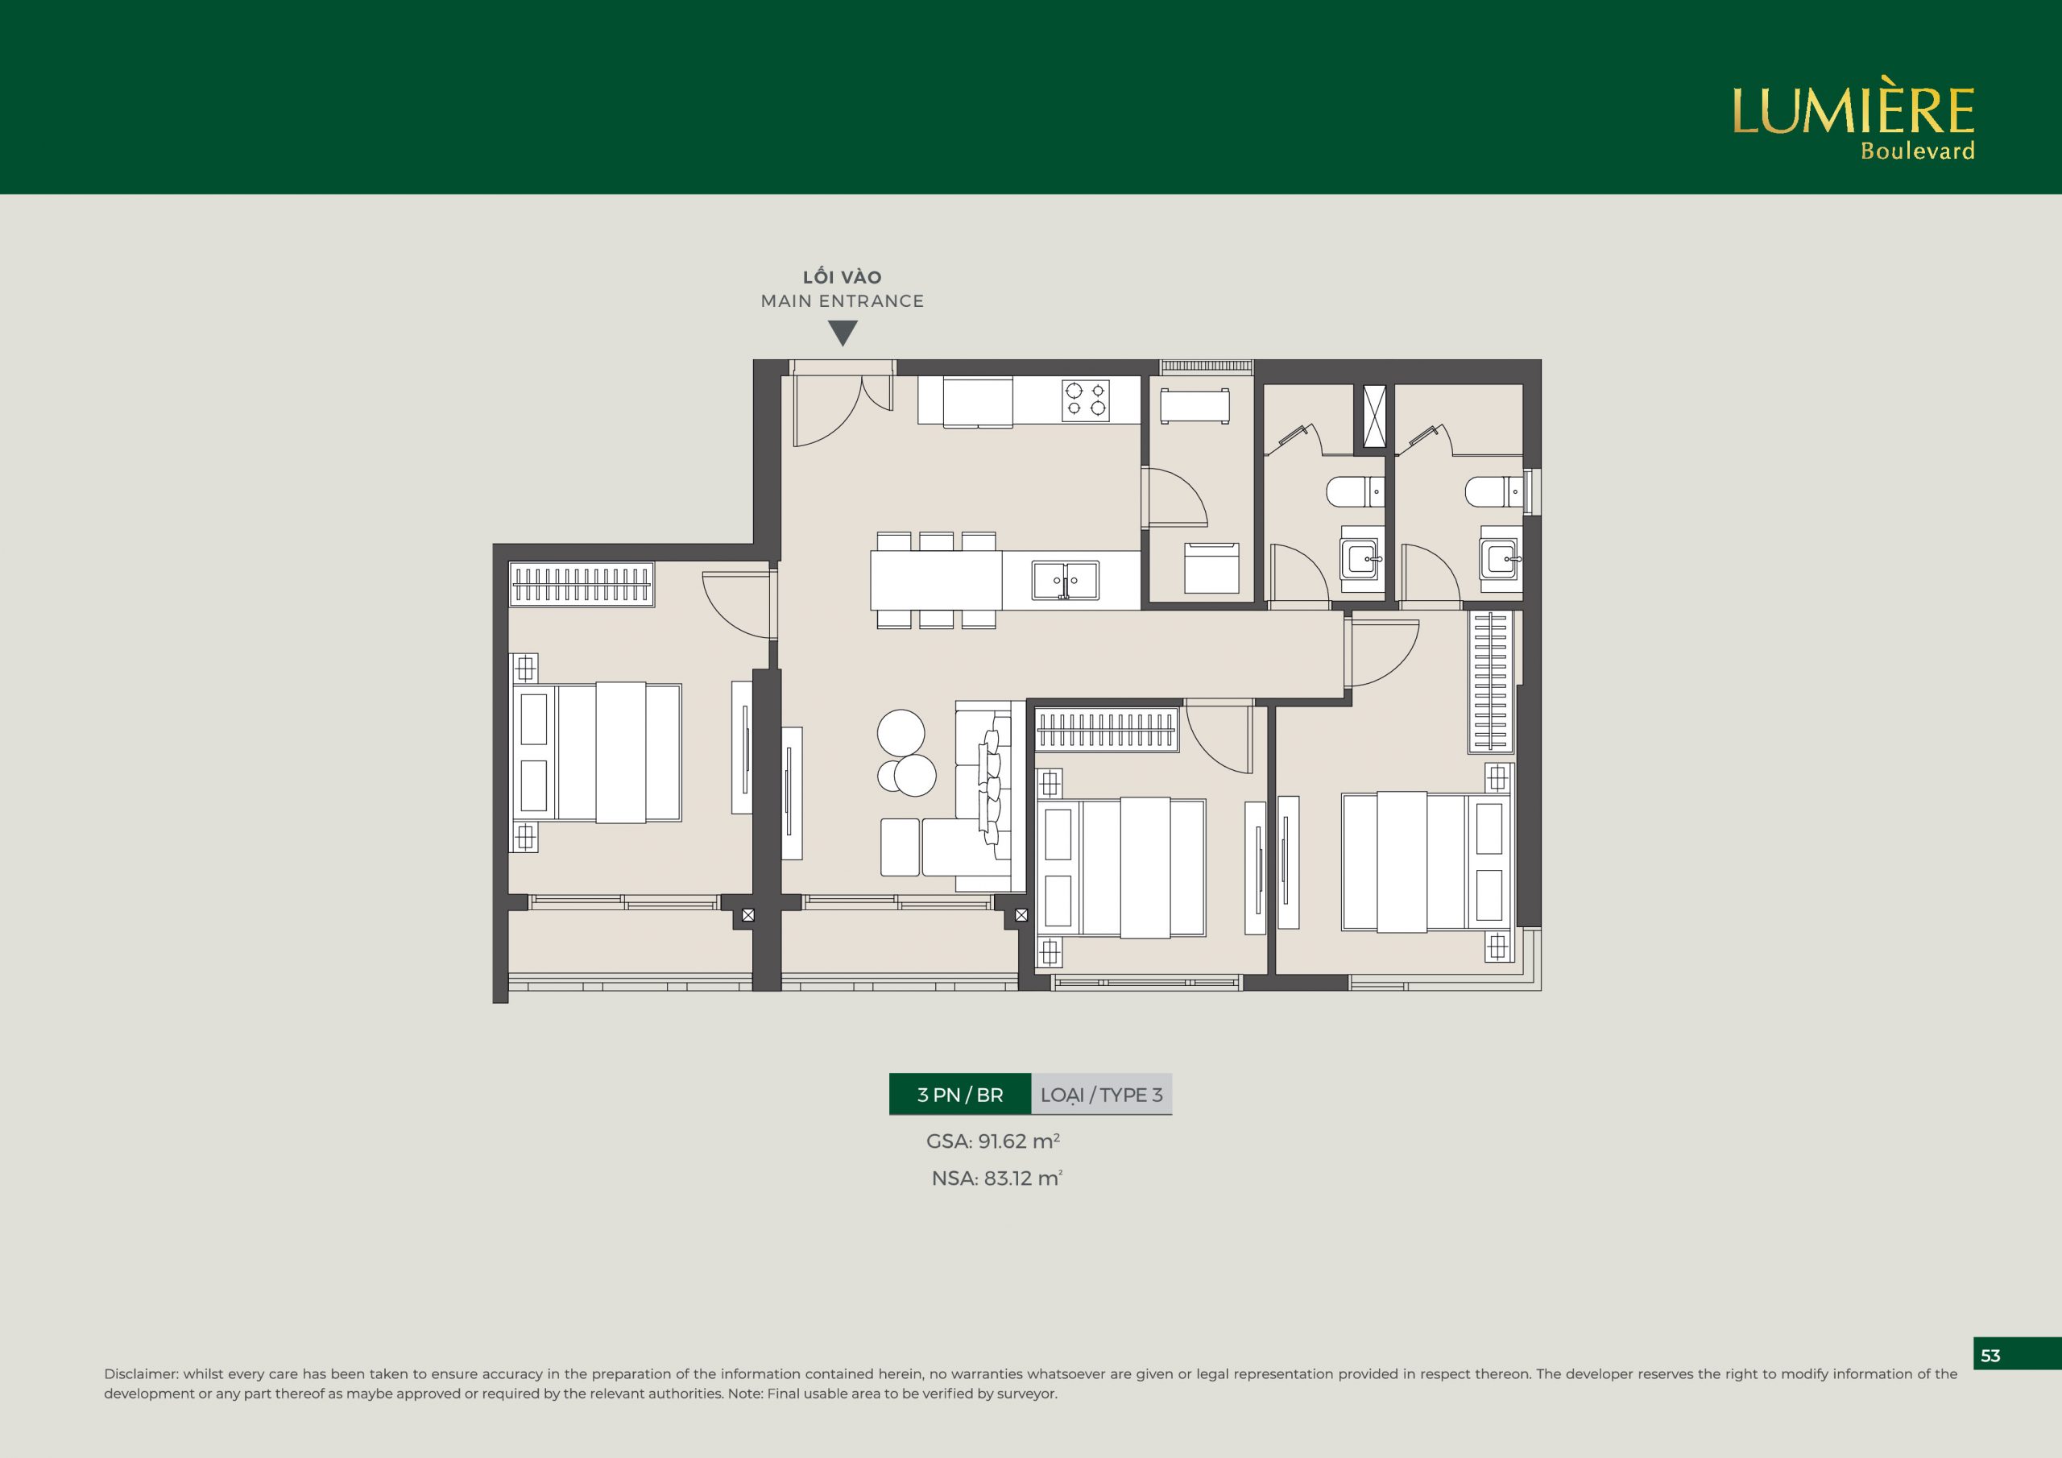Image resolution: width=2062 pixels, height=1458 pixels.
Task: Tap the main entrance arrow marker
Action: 843,334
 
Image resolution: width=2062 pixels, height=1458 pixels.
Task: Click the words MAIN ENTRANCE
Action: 843,301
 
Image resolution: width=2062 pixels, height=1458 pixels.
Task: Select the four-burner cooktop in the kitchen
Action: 1085,400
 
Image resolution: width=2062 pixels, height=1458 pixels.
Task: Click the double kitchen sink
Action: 1065,580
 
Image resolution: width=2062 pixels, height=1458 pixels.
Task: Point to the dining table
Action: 936,580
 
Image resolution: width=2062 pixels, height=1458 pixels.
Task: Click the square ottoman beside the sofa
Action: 900,847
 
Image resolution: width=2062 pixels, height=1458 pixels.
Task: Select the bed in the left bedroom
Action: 596,753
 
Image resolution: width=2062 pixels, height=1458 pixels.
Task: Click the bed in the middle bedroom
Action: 1120,868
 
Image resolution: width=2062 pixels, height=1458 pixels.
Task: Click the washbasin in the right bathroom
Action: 1499,559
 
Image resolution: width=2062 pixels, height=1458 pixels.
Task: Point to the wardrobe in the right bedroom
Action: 1491,681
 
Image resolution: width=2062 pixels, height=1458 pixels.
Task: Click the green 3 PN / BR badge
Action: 960,1094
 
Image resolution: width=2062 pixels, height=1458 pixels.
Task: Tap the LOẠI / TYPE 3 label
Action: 1102,1094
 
